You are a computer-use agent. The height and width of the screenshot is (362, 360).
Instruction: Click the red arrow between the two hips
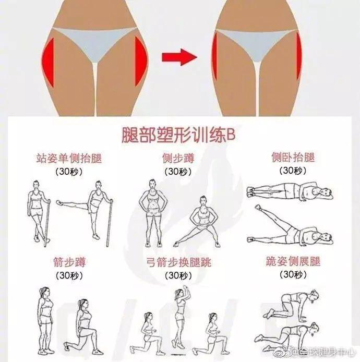[179, 57]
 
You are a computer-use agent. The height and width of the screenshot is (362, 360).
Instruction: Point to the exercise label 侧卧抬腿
[293, 158]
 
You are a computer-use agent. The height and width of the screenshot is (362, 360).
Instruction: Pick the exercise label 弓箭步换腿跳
[179, 262]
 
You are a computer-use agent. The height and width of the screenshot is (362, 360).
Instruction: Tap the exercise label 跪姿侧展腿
[293, 262]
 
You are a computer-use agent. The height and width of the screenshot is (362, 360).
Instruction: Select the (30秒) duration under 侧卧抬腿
[293, 171]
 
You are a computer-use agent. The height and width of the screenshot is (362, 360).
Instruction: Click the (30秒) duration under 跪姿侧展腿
[293, 274]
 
